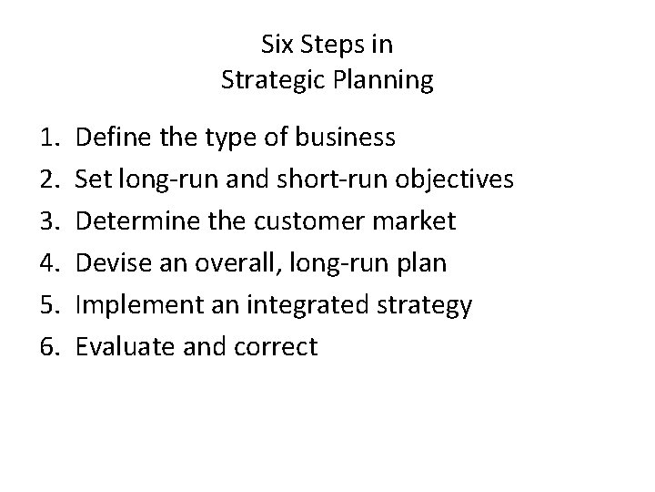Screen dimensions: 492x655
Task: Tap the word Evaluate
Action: [116, 347]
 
